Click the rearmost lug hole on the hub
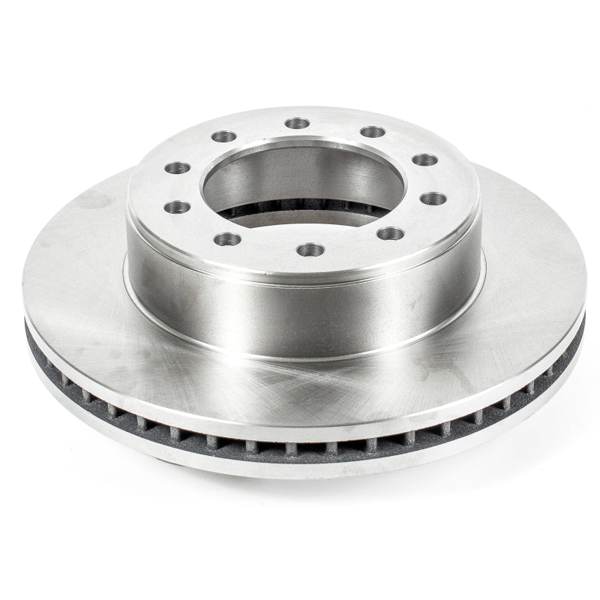pos(298,122)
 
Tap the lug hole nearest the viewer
pos(310,249)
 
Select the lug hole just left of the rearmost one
pos(223,136)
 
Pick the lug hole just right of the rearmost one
pos(372,132)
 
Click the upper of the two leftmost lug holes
pos(177,167)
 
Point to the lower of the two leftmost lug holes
pos(177,206)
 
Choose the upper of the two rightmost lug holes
pos(424,160)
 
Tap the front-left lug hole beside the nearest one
pos(226,239)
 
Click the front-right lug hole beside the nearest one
pos(391,233)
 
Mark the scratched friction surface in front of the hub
pos(300,390)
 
